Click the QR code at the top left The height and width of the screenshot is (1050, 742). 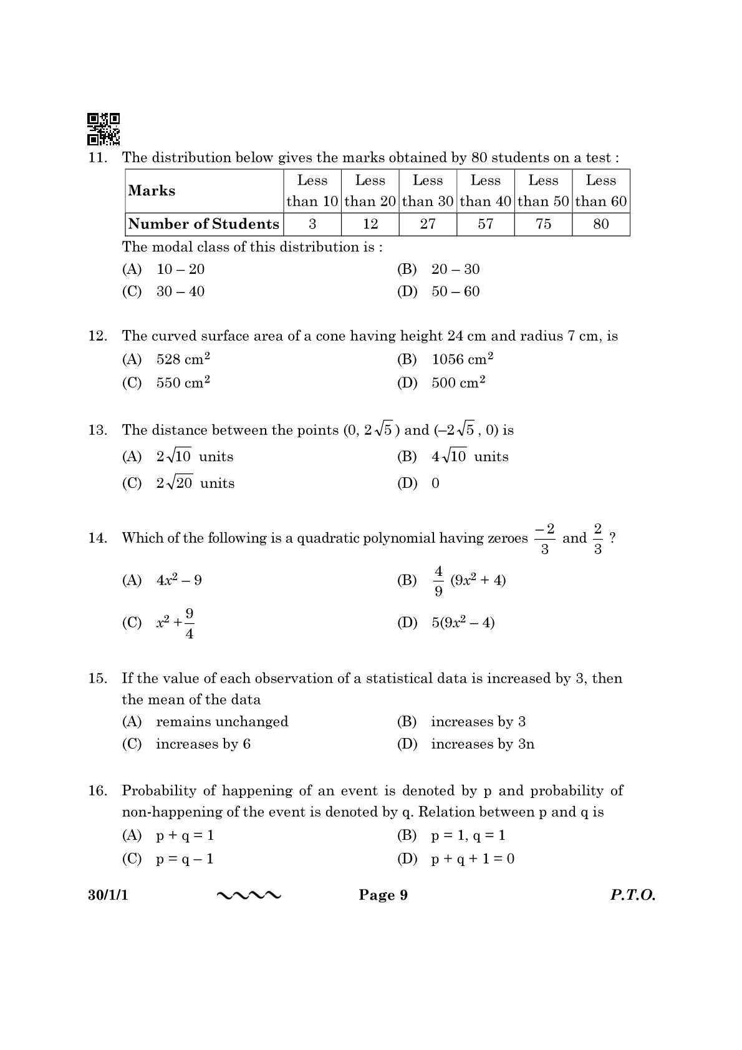point(103,129)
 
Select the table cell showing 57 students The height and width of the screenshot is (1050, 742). point(485,224)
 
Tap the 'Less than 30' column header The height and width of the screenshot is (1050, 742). point(428,190)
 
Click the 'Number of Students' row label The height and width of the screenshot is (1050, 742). point(203,224)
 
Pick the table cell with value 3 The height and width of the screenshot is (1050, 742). point(312,224)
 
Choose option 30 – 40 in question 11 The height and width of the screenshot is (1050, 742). point(180,291)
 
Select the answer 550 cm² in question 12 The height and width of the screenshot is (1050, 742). point(183,382)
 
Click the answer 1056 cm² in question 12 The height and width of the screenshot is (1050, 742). point(462,359)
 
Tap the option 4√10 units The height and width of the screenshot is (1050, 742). point(470,457)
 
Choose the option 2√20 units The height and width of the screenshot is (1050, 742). point(195,483)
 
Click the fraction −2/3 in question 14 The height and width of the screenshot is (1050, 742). point(544,538)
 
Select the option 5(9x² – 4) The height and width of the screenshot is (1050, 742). point(463,623)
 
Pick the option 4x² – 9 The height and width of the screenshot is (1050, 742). point(179,580)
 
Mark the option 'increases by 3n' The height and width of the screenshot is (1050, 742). point(482,744)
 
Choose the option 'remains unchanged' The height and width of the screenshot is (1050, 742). point(221,722)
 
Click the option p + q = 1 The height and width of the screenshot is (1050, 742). point(185,835)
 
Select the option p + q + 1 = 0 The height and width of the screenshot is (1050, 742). point(473,859)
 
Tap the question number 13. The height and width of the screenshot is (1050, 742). point(97,430)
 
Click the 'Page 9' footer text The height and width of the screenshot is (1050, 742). point(383,895)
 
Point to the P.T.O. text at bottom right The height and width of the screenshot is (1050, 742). point(632,895)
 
